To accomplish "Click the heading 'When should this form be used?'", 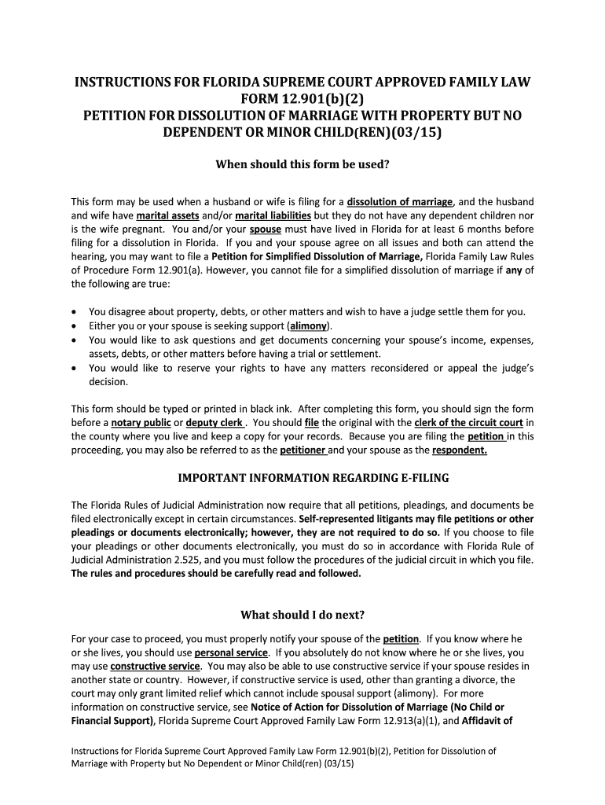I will (302, 165).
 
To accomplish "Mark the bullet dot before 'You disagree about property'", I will (75, 312).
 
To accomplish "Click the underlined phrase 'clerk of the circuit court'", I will (468, 423).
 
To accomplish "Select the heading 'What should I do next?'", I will (302, 614).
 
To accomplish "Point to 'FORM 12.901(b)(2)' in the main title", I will (302, 98).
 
